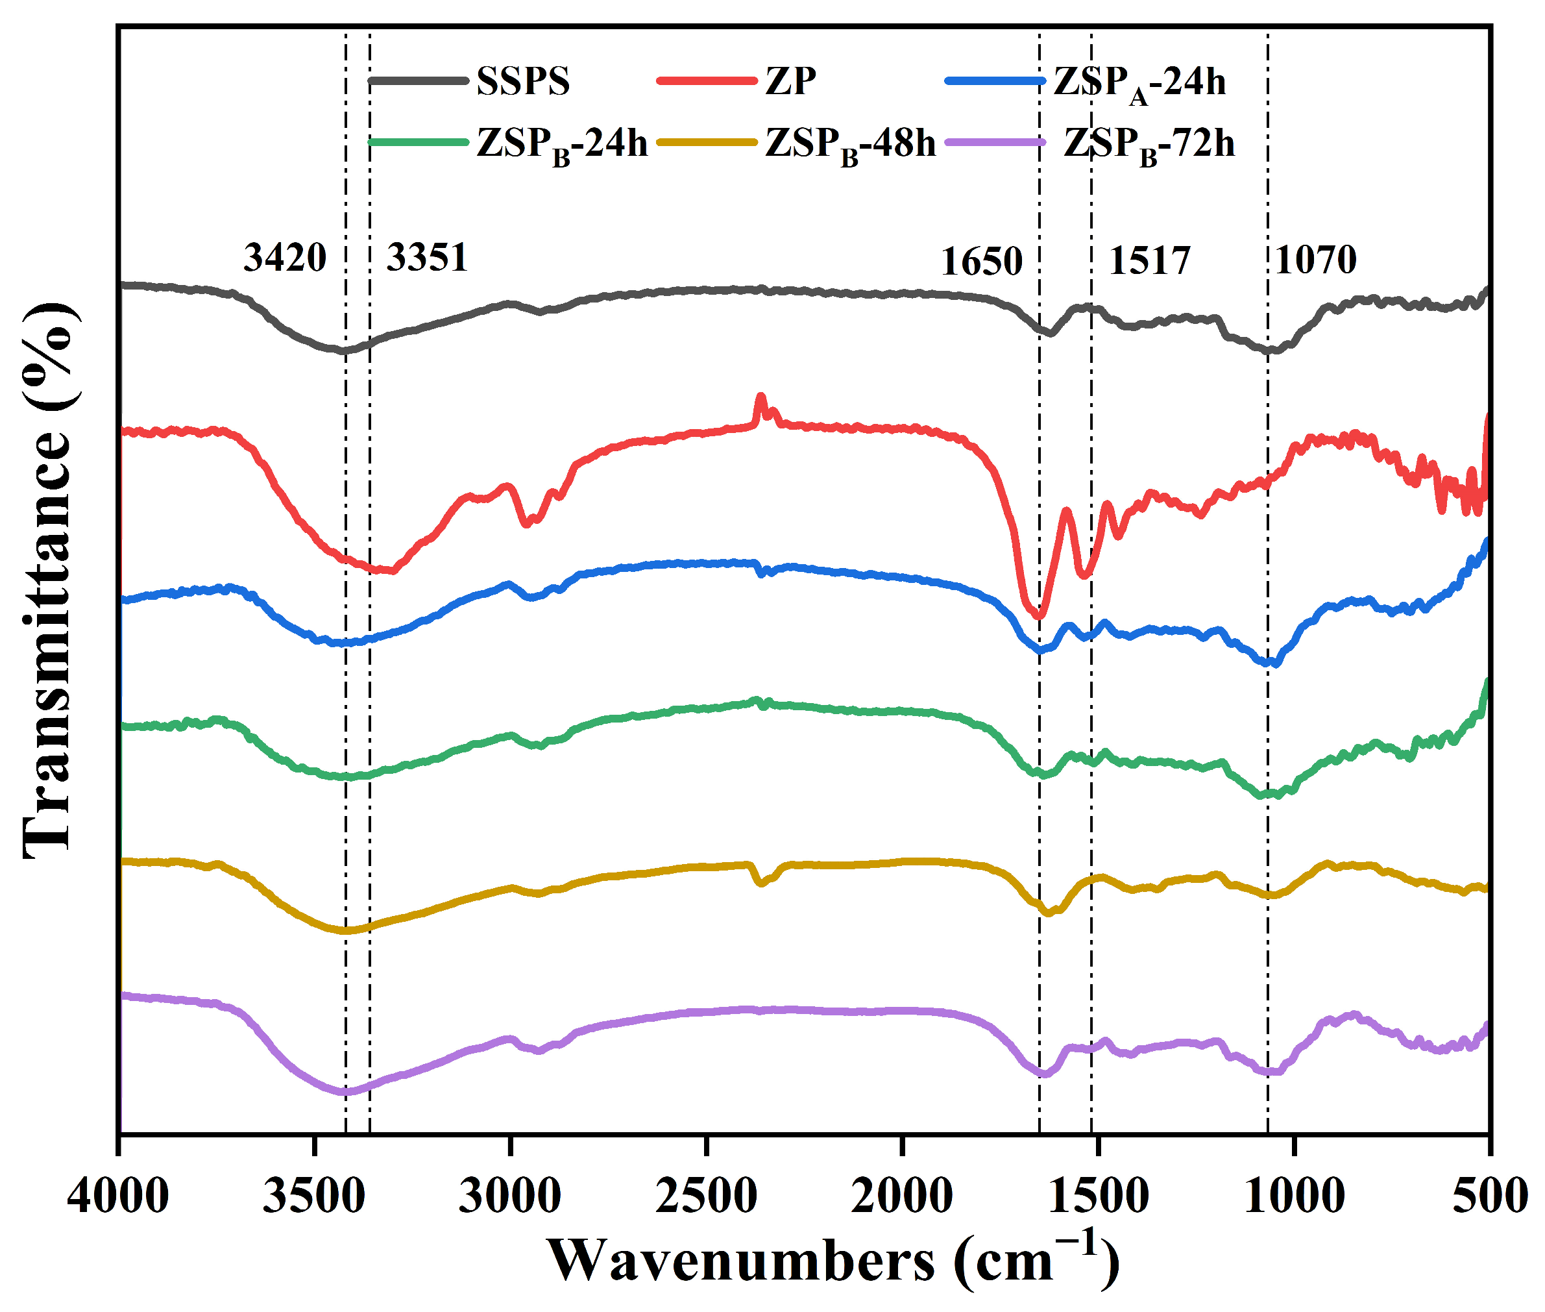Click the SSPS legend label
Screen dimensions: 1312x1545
(x=523, y=81)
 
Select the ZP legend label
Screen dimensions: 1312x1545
(x=790, y=81)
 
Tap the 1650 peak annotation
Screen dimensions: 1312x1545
(x=981, y=262)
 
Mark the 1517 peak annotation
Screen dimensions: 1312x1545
(x=1149, y=261)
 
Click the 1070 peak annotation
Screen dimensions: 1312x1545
(x=1315, y=260)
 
